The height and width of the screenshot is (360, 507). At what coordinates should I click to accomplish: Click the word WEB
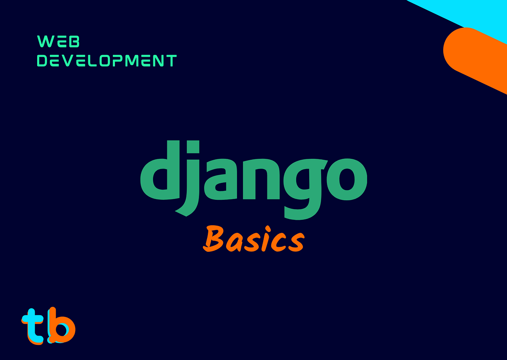(58, 41)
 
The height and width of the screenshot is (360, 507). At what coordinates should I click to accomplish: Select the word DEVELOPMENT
(106, 61)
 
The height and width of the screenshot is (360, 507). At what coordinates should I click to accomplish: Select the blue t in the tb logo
(33, 325)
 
